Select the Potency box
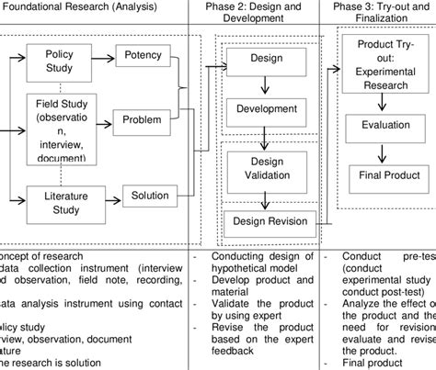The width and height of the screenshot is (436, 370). coord(141,56)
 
